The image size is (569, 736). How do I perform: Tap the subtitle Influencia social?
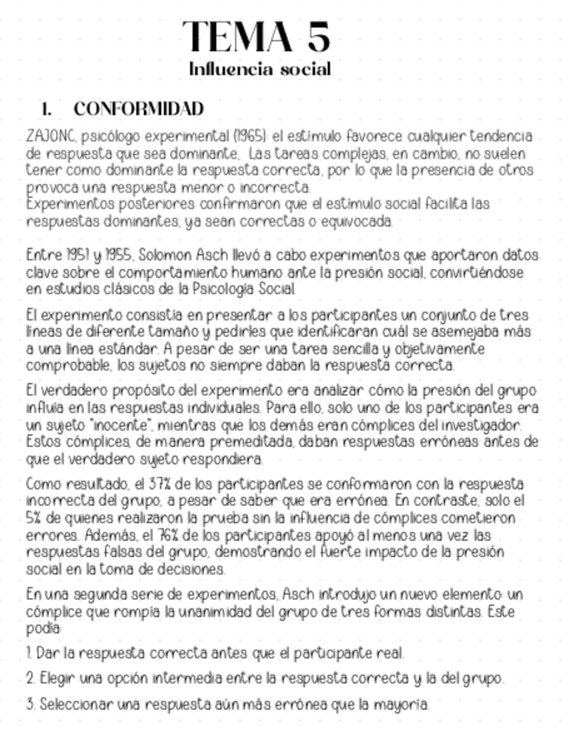pyautogui.click(x=259, y=69)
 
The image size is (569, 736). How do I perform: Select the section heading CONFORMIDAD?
pyautogui.click(x=139, y=109)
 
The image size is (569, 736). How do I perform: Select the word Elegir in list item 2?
pyautogui.click(x=59, y=679)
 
